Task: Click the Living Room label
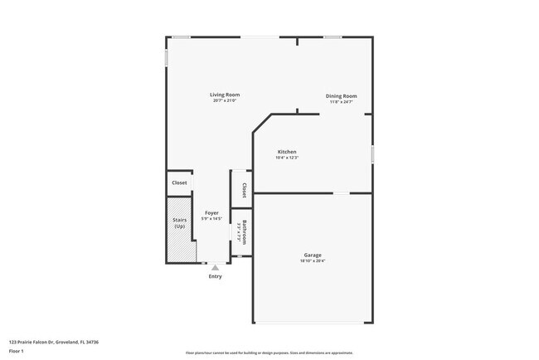click(224, 95)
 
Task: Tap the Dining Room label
click(340, 96)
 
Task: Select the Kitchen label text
click(287, 152)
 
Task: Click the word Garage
click(313, 255)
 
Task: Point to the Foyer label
click(211, 213)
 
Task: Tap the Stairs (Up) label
click(179, 223)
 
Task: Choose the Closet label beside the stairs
click(179, 182)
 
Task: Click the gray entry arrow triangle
click(215, 268)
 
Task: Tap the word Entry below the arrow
click(215, 277)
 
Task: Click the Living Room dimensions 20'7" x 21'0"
click(224, 101)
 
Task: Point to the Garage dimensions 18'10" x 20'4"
click(313, 261)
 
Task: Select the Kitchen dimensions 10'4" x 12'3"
click(287, 158)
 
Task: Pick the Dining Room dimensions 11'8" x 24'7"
click(340, 103)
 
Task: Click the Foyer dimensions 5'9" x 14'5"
click(211, 219)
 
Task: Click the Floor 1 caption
click(17, 350)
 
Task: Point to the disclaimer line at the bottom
click(269, 353)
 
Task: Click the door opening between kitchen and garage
click(342, 193)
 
